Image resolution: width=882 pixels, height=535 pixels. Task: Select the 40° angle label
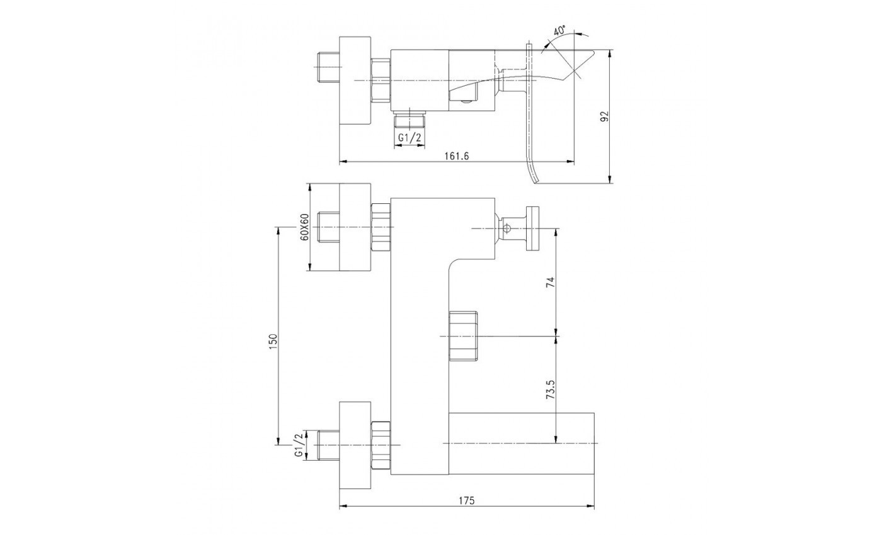[558, 30]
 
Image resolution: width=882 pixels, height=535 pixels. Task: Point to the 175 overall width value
[466, 500]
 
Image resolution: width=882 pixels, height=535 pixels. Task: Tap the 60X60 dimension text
[304, 227]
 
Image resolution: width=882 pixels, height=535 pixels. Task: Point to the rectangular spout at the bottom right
[522, 444]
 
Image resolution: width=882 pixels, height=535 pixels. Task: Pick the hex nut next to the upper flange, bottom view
[381, 227]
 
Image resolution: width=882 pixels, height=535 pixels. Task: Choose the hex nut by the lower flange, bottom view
[381, 444]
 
